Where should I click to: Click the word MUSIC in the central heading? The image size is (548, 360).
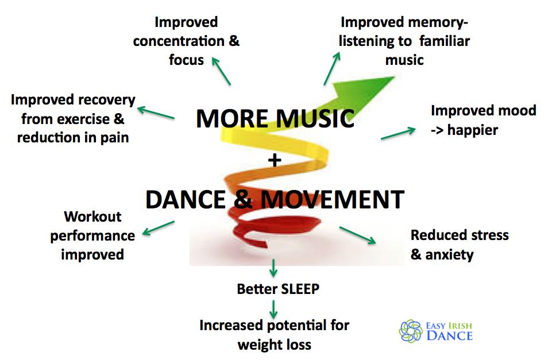coord(315,119)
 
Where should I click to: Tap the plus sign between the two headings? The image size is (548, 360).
coord(275,160)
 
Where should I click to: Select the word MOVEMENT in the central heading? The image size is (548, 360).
coord(333,200)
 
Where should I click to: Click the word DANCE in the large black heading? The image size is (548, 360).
coord(186,200)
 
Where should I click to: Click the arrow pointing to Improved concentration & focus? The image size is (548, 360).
coord(221,71)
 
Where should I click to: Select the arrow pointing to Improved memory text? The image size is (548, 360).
coord(332,68)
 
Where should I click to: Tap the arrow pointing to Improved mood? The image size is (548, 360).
coord(399,133)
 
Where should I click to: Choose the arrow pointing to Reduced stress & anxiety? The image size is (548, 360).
coord(357,235)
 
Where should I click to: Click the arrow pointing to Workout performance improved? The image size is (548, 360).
coord(158,228)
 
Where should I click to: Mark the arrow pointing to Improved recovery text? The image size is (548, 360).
coord(156,113)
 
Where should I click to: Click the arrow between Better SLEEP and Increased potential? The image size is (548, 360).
coord(273,309)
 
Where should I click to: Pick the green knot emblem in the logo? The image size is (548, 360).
coord(411,331)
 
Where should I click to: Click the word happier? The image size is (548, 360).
coord(473,130)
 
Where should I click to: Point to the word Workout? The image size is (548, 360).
coord(92,216)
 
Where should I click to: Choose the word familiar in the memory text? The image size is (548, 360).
coord(445,41)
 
